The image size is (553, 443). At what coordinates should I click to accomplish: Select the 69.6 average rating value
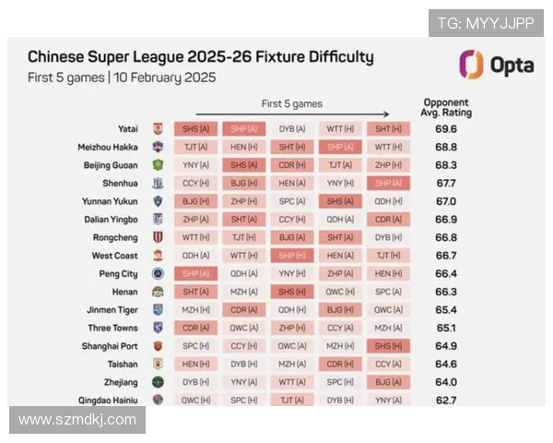446,129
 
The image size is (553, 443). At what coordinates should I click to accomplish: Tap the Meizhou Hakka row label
108,147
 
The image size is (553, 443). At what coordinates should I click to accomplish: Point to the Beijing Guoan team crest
158,165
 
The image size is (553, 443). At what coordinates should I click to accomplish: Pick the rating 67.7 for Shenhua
446,183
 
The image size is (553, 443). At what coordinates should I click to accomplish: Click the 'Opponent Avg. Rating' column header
447,108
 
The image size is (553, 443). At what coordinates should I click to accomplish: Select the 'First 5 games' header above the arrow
292,103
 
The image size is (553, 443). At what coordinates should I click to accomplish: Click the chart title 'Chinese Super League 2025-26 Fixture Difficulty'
201,57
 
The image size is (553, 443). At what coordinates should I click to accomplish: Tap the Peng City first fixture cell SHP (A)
195,273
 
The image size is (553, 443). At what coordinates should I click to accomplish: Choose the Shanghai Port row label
109,346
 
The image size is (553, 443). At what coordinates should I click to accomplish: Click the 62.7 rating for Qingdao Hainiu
446,400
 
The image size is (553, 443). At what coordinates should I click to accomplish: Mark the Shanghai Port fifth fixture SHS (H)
388,346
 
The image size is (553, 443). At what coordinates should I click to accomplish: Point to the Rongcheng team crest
158,237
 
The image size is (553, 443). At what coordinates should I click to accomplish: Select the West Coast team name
115,256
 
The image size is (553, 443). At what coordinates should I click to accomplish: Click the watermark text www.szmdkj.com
77,420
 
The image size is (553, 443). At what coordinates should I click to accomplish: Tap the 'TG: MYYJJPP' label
485,23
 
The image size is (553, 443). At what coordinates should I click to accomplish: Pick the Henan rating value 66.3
446,292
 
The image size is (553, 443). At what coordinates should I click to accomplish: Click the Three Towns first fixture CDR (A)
195,328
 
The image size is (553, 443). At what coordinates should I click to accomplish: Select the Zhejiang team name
121,382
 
